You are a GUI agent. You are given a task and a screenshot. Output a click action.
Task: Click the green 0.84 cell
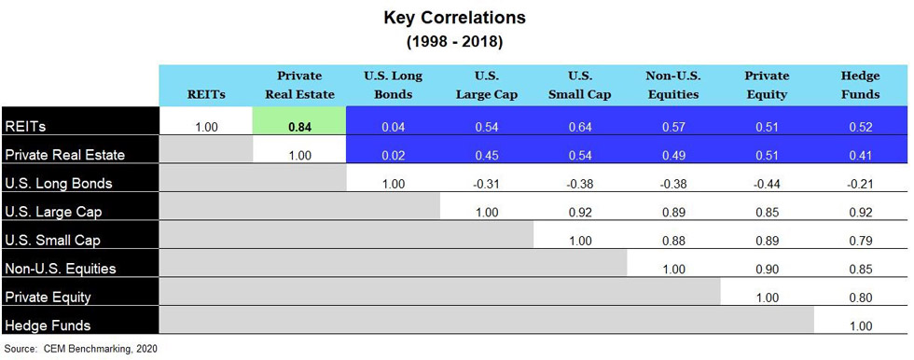click(299, 127)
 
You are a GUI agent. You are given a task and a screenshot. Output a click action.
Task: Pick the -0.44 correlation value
click(767, 184)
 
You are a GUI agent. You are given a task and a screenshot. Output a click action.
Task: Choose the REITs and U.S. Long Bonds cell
click(393, 127)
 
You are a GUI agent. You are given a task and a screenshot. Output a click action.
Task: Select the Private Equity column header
click(767, 85)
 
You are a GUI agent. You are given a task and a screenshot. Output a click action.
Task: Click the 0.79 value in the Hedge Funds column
click(860, 241)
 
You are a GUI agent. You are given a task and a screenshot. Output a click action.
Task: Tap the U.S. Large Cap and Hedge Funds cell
click(860, 212)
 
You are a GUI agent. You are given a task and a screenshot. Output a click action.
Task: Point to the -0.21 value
click(860, 184)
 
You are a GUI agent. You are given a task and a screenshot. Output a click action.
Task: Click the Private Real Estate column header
click(299, 85)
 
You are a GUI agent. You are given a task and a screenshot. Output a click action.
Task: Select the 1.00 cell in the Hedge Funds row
click(860, 325)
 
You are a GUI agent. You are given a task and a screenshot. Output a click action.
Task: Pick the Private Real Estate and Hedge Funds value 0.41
click(860, 155)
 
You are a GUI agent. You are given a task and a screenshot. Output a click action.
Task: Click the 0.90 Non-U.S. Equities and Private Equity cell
click(767, 269)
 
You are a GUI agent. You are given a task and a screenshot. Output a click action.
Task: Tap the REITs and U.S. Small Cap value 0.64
click(580, 127)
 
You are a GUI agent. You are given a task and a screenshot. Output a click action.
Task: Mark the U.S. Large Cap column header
click(486, 85)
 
